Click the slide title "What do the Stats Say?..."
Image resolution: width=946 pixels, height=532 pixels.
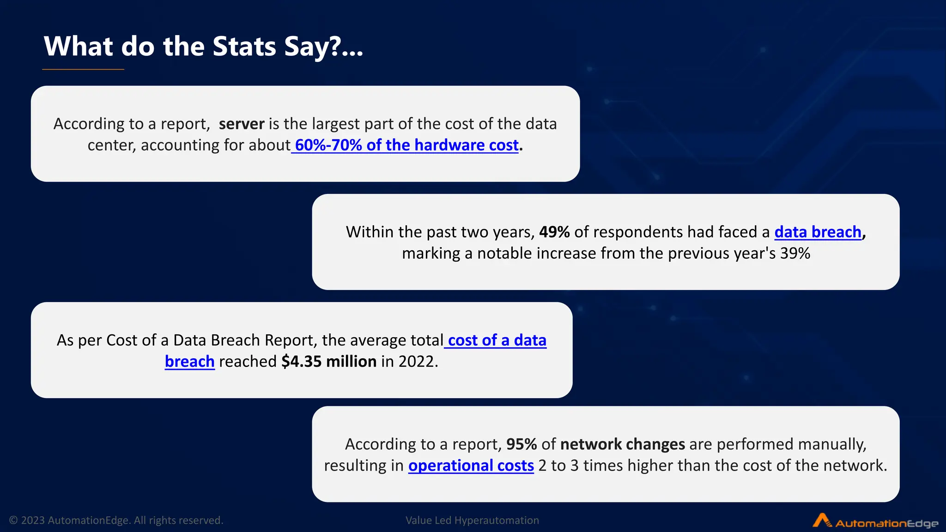[203, 47]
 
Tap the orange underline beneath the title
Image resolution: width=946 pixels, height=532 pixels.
[83, 69]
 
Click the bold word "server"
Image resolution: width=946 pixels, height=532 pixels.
[242, 124]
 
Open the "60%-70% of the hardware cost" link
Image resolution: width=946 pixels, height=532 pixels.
[406, 145]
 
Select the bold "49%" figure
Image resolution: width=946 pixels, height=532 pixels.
[554, 232]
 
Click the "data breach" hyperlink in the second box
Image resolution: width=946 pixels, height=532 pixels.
[818, 232]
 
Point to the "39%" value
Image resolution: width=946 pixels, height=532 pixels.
[795, 253]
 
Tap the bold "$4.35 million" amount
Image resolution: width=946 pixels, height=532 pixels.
[329, 361]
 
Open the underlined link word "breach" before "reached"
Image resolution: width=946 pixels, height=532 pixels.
[189, 361]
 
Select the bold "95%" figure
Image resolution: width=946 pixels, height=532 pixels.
[522, 444]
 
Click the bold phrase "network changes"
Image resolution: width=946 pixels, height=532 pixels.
[622, 444]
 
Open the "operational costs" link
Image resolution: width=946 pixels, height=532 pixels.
[471, 465]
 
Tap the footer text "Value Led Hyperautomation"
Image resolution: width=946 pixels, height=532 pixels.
[472, 520]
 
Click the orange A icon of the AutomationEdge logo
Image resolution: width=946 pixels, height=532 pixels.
[821, 520]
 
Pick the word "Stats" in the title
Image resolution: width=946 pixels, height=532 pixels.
[244, 47]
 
